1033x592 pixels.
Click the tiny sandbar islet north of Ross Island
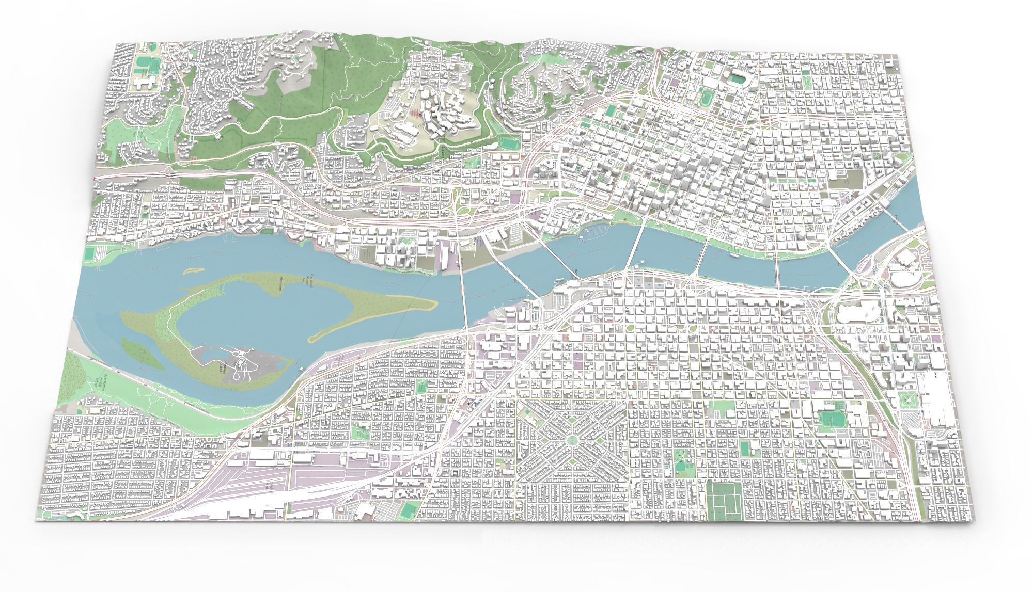click(192, 270)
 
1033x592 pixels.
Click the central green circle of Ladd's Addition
click(572, 440)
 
